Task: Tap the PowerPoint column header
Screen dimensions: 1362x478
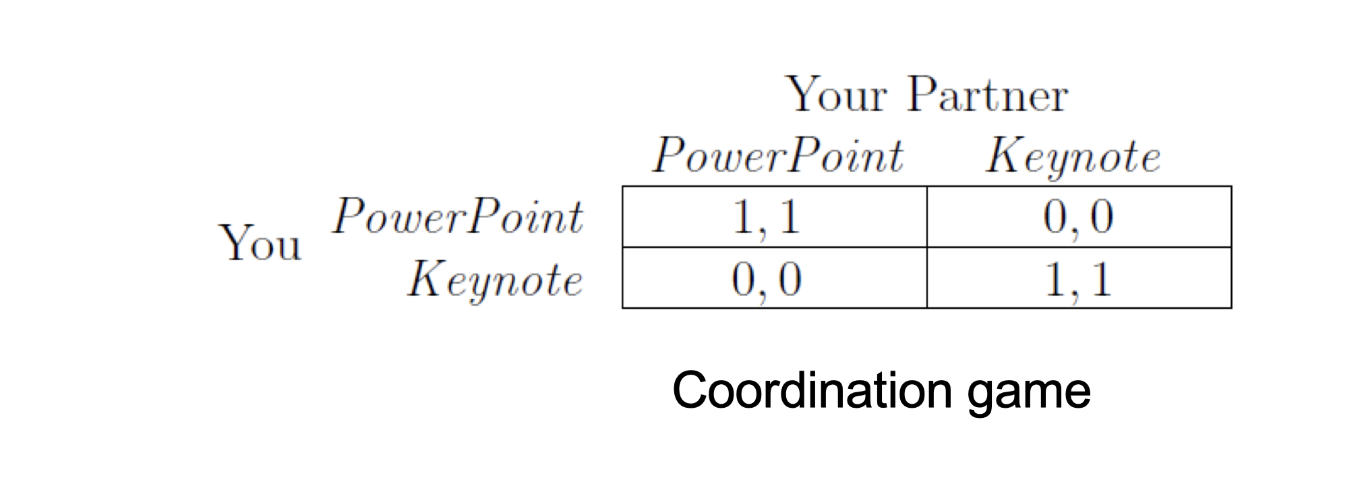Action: (x=777, y=155)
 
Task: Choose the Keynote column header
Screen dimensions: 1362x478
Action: (x=1073, y=157)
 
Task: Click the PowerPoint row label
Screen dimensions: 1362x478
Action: (x=457, y=217)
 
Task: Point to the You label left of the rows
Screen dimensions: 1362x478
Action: (x=260, y=242)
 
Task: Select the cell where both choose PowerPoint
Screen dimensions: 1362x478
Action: (x=774, y=217)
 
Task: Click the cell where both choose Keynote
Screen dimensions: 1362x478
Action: (x=1079, y=277)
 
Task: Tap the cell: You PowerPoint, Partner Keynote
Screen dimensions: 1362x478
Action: (x=1079, y=217)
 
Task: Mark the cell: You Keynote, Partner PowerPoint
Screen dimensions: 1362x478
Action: (x=774, y=277)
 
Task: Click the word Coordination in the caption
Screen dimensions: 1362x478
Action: (x=812, y=391)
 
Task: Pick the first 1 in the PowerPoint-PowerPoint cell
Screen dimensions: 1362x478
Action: (x=742, y=217)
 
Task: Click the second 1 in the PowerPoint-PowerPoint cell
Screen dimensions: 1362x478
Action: (x=790, y=217)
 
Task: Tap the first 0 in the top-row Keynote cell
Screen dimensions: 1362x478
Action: (x=1055, y=217)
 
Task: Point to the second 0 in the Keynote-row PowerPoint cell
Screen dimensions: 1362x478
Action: (x=790, y=279)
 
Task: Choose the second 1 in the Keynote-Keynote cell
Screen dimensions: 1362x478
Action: (x=1101, y=279)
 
